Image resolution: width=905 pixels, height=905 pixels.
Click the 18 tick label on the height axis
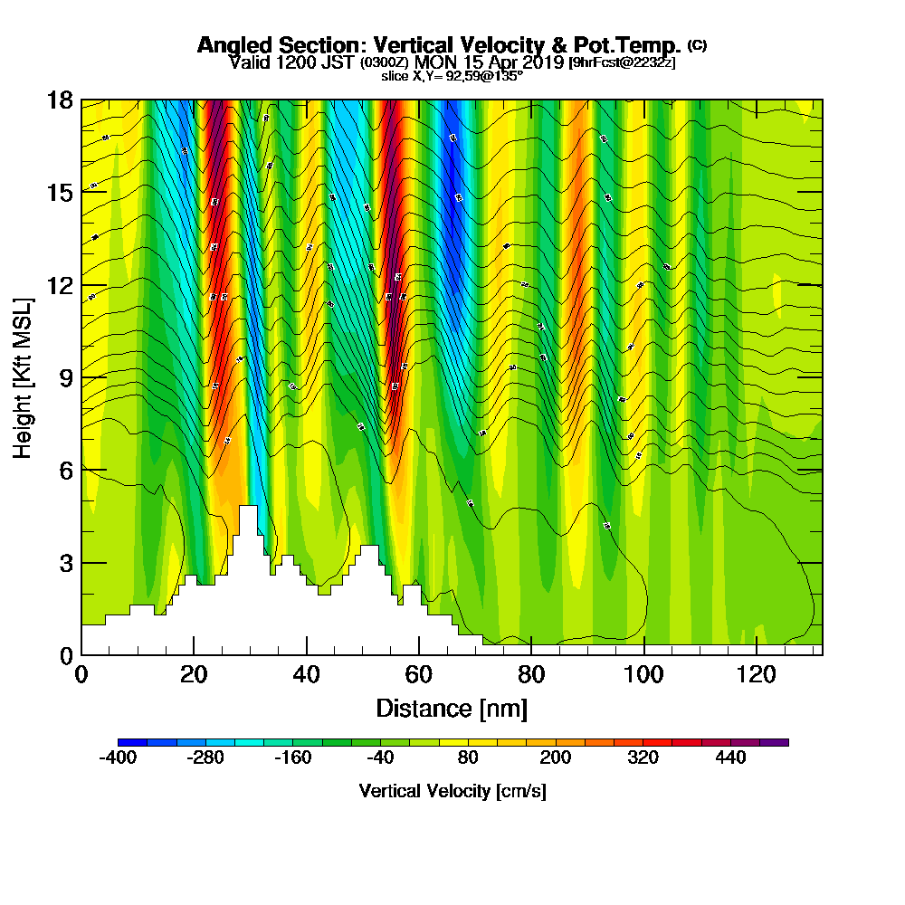click(60, 100)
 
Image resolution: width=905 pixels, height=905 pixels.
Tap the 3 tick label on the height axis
click(65, 563)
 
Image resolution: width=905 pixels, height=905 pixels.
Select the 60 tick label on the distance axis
click(418, 674)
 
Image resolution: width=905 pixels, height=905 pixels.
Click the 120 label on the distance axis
click(755, 674)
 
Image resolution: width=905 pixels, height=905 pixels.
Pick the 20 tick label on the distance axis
click(194, 674)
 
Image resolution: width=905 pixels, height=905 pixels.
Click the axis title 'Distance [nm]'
click(452, 708)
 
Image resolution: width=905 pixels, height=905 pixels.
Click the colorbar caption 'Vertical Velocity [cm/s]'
click(452, 791)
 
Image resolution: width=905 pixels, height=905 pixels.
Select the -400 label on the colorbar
click(118, 757)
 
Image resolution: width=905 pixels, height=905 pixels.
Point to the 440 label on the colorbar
click(729, 757)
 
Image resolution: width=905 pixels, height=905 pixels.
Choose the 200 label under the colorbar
click(556, 757)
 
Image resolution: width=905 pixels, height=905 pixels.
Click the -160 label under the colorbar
click(292, 757)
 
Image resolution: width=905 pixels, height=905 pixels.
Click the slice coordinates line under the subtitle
click(452, 76)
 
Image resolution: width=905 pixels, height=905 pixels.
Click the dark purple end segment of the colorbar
click(777, 741)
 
